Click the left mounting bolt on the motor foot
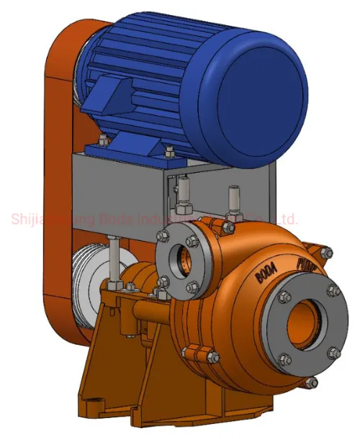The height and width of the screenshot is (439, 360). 103,140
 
